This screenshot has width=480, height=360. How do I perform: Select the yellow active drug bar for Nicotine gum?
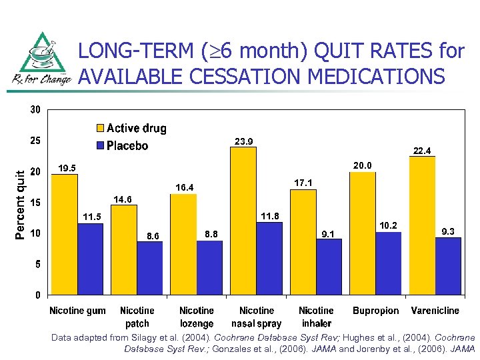click(x=65, y=234)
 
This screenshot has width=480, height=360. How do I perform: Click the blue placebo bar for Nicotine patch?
click(x=149, y=267)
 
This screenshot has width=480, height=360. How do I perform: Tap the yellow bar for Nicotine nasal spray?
click(x=243, y=221)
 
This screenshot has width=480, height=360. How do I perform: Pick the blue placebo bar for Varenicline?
click(x=447, y=265)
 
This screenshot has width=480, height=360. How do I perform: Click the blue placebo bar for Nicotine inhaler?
click(x=329, y=266)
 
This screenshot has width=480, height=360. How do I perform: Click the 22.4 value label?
click(x=423, y=151)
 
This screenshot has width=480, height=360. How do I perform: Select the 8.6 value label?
click(x=153, y=235)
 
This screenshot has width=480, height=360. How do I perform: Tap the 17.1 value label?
click(x=303, y=182)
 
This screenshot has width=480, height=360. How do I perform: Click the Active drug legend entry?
click(x=131, y=128)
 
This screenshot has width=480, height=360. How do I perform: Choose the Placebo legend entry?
click(x=123, y=145)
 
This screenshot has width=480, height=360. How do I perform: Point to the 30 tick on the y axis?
click(x=34, y=110)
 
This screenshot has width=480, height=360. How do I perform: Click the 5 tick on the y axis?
click(x=37, y=264)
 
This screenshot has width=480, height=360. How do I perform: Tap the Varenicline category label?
click(x=435, y=311)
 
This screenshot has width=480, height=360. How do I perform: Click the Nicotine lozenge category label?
click(x=197, y=317)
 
